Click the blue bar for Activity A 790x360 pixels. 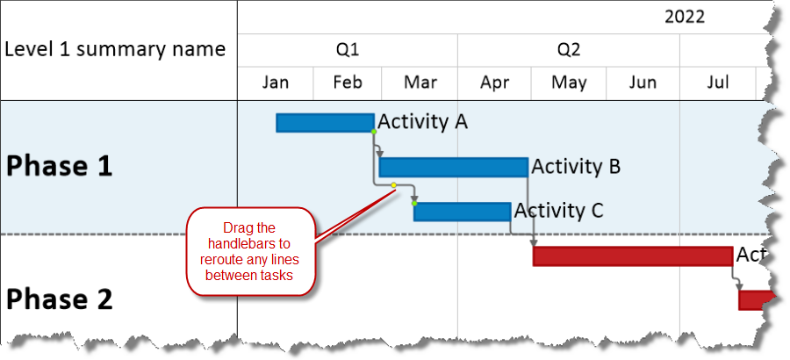[x=325, y=123]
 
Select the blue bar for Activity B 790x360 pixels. [x=453, y=167]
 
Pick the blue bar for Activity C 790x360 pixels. [x=462, y=212]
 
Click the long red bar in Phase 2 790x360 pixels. [x=632, y=256]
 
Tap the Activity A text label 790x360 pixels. [x=422, y=121]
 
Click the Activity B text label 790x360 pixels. [x=576, y=166]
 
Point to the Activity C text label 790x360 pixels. [x=558, y=211]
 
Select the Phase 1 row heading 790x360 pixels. [x=60, y=167]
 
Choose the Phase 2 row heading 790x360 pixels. [x=60, y=299]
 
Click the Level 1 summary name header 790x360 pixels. [x=115, y=49]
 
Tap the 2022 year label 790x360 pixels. [x=684, y=17]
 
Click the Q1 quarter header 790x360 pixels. [x=348, y=49]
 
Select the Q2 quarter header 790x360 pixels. [x=568, y=49]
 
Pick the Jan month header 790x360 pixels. [x=276, y=83]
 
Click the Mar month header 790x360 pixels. [x=420, y=83]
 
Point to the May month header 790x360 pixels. [x=570, y=83]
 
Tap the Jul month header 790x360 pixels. [x=717, y=83]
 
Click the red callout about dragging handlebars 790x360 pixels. [x=250, y=251]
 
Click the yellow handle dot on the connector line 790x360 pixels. [x=393, y=185]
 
